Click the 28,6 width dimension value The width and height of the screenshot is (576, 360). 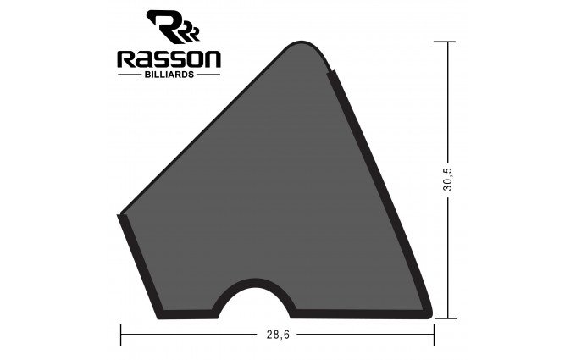(277, 335)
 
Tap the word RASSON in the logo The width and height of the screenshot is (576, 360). (169, 59)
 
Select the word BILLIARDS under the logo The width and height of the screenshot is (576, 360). (169, 75)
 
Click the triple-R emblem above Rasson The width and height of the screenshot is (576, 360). (173, 26)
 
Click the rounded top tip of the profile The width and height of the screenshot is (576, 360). (302, 42)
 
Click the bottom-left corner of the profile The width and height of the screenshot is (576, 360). (158, 318)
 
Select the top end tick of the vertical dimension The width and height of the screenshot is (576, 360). (445, 42)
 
